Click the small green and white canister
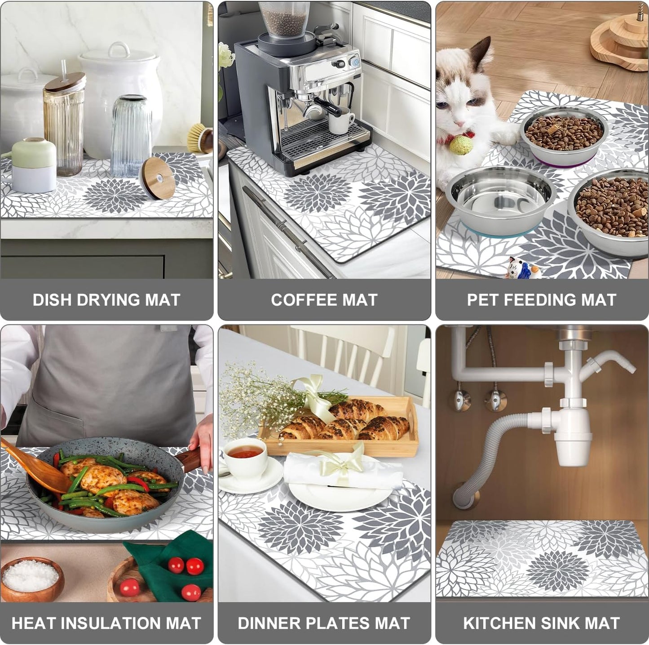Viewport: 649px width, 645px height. pyautogui.click(x=34, y=164)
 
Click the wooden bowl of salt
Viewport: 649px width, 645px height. pyautogui.click(x=31, y=577)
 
